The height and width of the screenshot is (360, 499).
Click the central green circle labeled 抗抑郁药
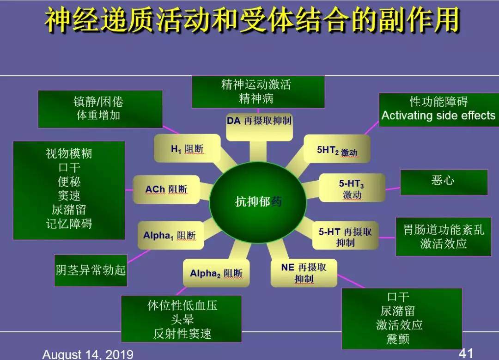pos(258,202)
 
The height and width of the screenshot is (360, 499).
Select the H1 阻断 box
pos(187,149)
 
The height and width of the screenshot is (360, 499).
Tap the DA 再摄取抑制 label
pos(259,121)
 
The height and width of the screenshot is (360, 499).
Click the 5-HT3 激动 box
pos(352,189)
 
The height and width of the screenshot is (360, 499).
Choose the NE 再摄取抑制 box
pos(304,273)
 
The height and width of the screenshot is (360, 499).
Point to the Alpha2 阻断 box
pos(216,273)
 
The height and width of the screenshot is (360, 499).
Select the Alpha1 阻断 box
pos(170,235)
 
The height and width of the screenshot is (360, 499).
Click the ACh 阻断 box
pos(166,189)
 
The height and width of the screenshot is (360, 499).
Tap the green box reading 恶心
pos(443,181)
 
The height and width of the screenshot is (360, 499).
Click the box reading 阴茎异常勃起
pos(91,270)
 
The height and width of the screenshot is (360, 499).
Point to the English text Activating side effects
pos(438,116)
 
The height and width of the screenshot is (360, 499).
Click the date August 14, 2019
pos(88,354)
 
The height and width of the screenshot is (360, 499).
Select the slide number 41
pos(466,353)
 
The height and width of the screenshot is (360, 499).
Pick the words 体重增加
pos(98,115)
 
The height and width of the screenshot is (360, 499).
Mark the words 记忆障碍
pos(69,224)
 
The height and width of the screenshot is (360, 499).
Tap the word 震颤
pos(398,339)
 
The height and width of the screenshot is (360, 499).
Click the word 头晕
pos(183,319)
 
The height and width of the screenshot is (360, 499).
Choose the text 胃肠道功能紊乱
pos(444,230)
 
